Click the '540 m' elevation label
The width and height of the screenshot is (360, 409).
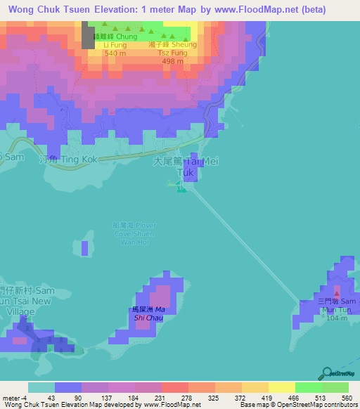tap(114, 53)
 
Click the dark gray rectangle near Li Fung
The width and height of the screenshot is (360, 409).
tap(88, 34)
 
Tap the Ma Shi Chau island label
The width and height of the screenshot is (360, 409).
tap(149, 313)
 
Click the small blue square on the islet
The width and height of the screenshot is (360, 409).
tap(85, 248)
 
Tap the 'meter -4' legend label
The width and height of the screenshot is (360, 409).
tap(14, 398)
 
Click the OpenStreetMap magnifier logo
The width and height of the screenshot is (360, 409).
tap(327, 373)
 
